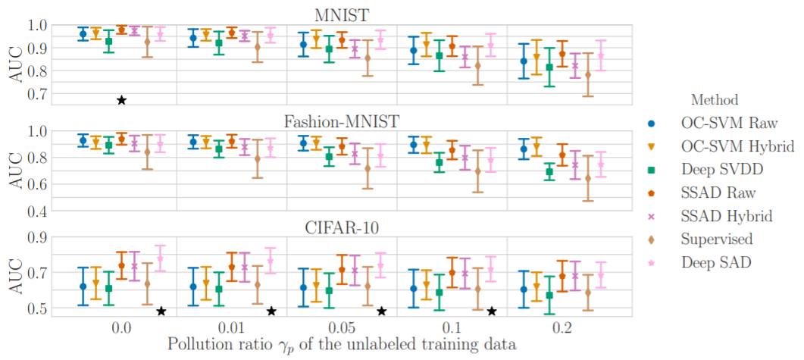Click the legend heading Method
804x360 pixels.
714,99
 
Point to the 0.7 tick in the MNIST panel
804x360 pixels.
37,95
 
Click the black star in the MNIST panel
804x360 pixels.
121,100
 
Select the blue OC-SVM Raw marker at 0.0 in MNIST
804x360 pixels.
83,34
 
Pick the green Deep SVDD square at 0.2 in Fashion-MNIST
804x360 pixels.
529,172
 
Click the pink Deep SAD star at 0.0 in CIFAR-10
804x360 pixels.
160,258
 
